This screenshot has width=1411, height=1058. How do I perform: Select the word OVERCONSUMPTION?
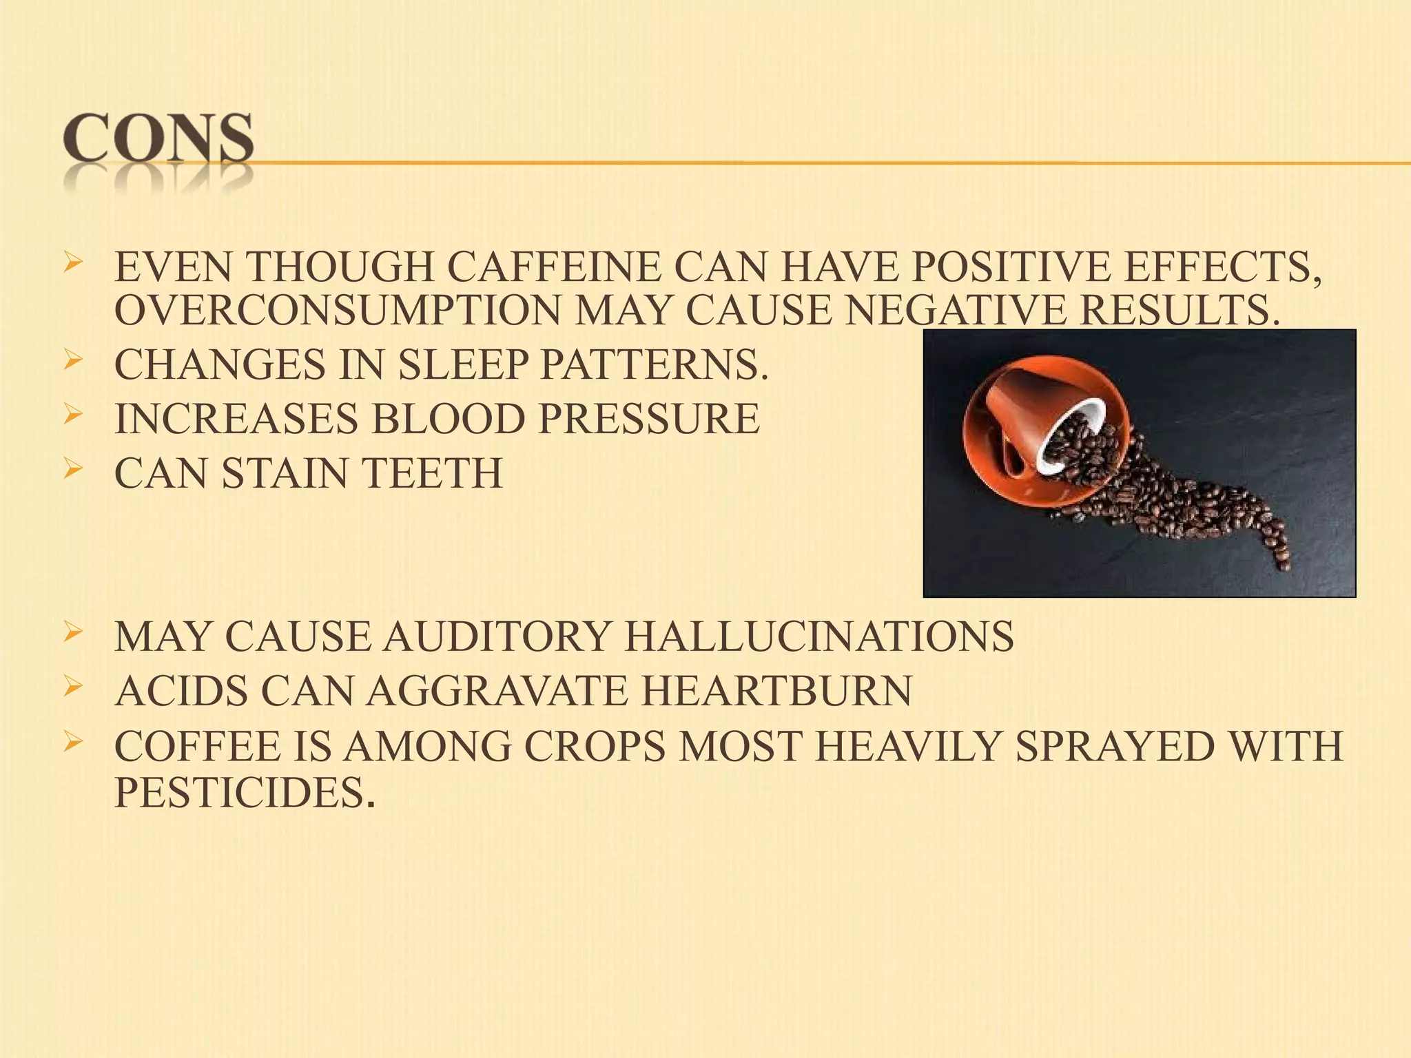337,311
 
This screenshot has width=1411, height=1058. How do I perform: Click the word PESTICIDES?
245,793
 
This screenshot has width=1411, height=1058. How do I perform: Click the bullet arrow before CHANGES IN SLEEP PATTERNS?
73,360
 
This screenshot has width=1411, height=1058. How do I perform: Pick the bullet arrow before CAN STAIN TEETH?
73,469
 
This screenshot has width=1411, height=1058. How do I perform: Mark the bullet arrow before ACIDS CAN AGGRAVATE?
73,687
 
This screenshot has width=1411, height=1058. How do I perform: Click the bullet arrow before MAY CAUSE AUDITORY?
73,632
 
